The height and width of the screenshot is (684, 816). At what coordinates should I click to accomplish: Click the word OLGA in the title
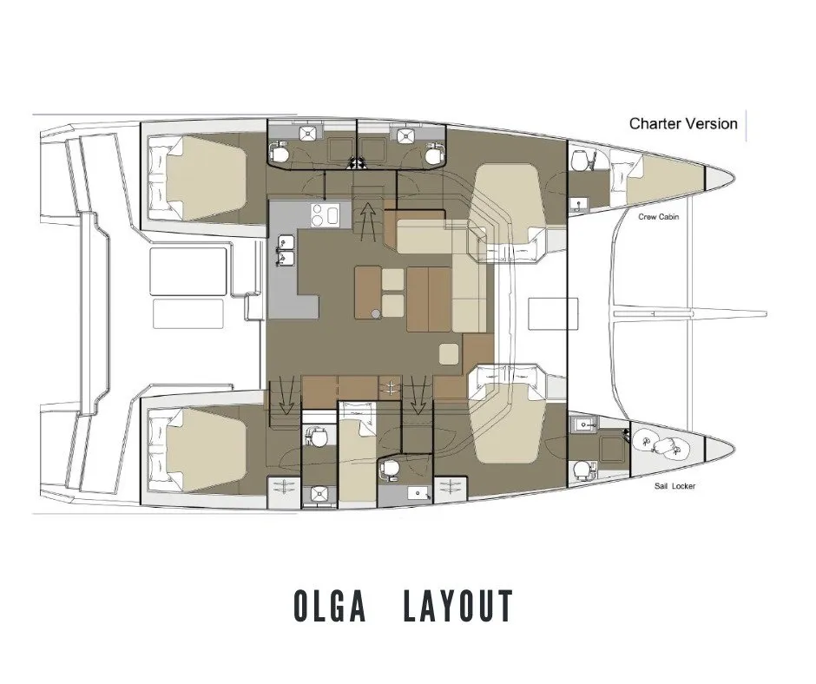pyautogui.click(x=332, y=607)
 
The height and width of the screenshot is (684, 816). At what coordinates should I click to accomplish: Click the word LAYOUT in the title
pyautogui.click(x=458, y=607)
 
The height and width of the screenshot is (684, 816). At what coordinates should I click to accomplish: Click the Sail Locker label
pyautogui.click(x=675, y=486)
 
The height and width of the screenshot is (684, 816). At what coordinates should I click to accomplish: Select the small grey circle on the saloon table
pyautogui.click(x=375, y=312)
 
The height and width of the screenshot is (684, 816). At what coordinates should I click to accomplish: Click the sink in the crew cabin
pyautogui.click(x=579, y=204)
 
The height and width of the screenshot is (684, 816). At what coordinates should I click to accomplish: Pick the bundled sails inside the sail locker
pyautogui.click(x=660, y=445)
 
